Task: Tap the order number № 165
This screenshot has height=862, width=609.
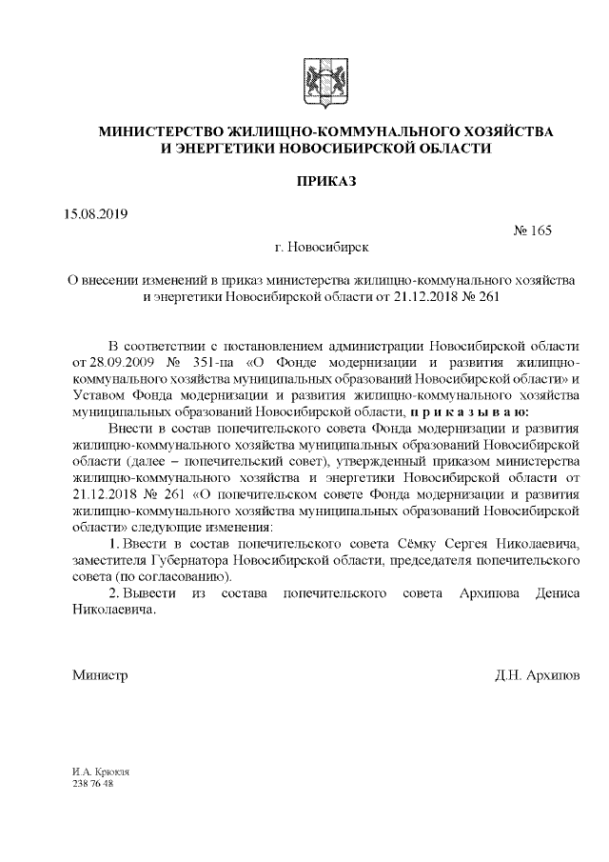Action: [532, 230]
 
